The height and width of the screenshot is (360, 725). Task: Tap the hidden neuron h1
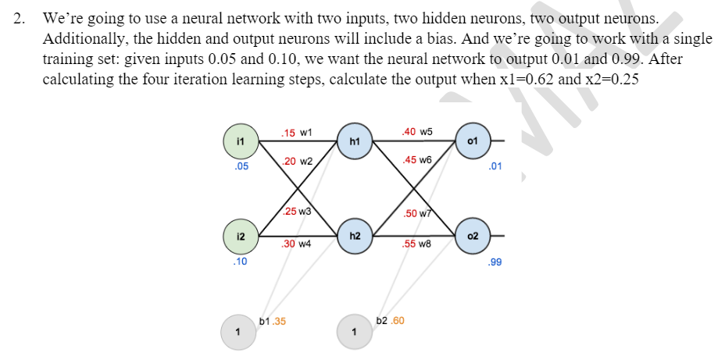[355, 141]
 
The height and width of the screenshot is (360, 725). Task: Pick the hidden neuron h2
[355, 235]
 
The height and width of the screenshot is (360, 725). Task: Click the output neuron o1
[471, 141]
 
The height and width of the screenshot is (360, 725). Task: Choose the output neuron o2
[471, 235]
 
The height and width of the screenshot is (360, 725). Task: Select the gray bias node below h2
[355, 331]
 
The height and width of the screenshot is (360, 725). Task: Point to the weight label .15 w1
[297, 133]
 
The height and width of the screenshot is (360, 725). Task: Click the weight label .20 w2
[297, 161]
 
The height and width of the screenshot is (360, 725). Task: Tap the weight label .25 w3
[297, 212]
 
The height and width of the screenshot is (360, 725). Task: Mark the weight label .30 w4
[297, 244]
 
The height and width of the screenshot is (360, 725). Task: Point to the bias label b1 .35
[272, 320]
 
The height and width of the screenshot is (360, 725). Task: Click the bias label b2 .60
[390, 320]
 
